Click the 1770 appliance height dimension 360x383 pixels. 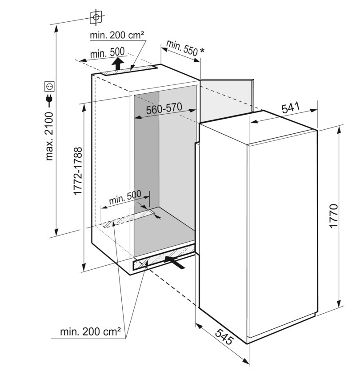[x=333, y=216]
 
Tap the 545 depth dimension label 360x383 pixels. [x=224, y=337]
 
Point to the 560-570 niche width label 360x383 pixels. [x=164, y=108]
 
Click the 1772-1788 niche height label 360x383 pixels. [x=78, y=171]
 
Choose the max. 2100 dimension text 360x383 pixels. [x=49, y=136]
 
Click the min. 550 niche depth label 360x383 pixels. [x=182, y=48]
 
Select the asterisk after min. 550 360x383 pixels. [x=202, y=50]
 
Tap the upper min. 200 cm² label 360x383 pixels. [x=117, y=35]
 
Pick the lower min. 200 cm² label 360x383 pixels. [x=90, y=331]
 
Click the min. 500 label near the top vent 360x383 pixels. [x=107, y=53]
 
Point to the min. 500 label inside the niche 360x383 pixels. [x=125, y=197]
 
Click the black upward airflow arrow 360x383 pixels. [x=117, y=64]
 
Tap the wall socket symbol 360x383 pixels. [x=49, y=87]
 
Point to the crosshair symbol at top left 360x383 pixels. [x=96, y=17]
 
